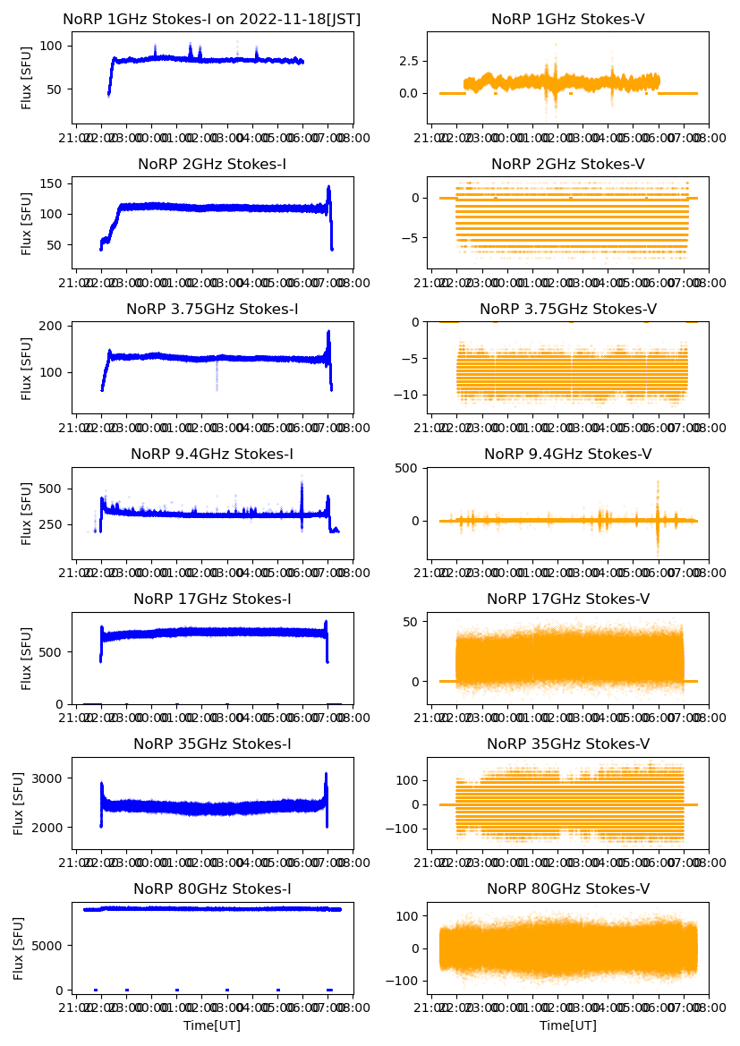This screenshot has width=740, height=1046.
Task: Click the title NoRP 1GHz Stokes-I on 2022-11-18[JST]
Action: [x=212, y=20]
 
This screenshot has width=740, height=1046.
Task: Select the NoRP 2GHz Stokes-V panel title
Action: [x=567, y=165]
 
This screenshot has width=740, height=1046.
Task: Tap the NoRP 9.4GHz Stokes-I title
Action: [x=212, y=455]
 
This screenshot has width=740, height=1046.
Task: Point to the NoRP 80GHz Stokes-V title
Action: [x=567, y=889]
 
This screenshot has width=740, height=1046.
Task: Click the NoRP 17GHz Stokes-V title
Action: [x=567, y=600]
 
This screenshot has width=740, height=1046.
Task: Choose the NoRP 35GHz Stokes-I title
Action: [x=212, y=744]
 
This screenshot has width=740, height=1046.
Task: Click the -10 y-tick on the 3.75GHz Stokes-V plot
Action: [x=409, y=395]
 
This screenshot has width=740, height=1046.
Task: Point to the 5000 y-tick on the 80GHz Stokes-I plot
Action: [x=49, y=946]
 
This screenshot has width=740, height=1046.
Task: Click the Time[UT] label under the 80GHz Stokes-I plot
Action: [x=212, y=1025]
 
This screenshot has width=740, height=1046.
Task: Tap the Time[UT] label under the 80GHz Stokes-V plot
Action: [x=567, y=1025]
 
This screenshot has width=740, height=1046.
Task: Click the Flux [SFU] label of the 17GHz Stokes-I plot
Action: [x=27, y=658]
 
